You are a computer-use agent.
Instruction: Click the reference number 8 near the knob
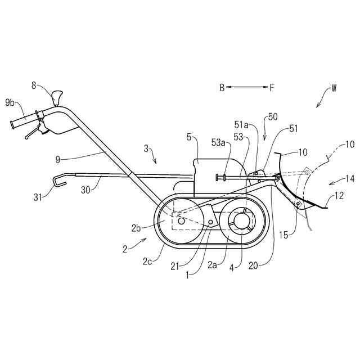coord(34,85)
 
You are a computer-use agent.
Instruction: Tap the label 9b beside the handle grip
coord(10,102)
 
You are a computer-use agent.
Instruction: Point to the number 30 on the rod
coord(85,190)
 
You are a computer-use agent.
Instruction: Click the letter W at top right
coord(334,88)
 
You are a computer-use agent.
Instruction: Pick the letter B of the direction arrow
coord(222,87)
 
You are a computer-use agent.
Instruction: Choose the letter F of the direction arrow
coord(272,87)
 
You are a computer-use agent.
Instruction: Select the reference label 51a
coord(241,124)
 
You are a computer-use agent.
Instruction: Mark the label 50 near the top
coord(272,116)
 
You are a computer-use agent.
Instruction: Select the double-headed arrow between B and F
coord(247,87)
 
